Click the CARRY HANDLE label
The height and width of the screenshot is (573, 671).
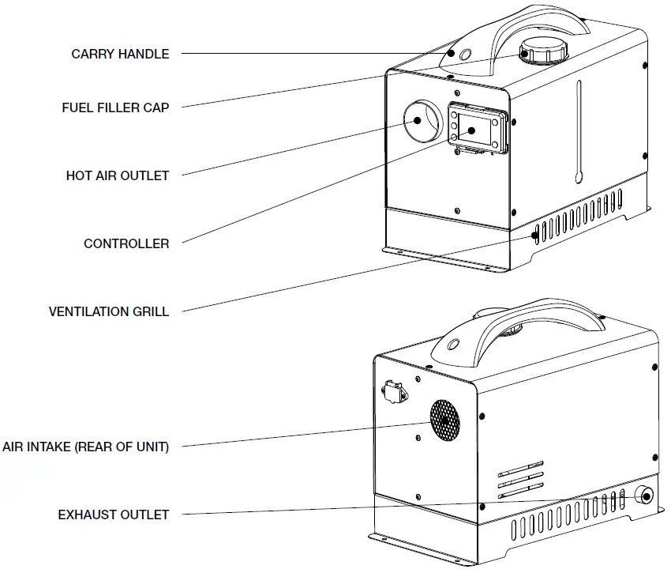coord(120,55)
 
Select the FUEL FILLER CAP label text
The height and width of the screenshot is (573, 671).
coord(115,107)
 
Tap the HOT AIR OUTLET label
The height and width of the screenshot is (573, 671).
coord(118,175)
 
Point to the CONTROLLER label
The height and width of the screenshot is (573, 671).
coord(126,243)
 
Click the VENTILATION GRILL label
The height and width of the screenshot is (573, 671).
coord(109,311)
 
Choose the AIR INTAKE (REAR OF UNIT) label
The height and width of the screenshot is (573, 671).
coord(85,447)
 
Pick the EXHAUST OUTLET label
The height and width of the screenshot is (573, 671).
coord(114,515)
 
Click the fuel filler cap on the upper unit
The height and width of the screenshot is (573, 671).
coord(543,53)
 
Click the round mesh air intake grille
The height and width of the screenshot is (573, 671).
coord(445,419)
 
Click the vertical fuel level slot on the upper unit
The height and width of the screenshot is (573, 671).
coord(579,130)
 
